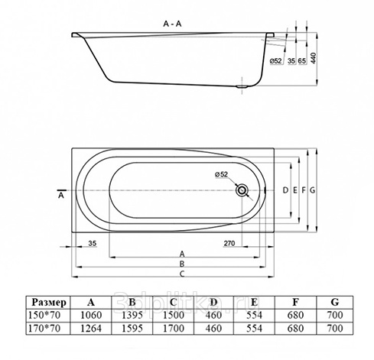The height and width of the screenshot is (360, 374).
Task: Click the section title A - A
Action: pyautogui.click(x=172, y=24)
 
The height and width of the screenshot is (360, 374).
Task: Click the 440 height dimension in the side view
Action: pyautogui.click(x=314, y=58)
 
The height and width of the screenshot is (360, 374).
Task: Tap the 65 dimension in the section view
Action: pyautogui.click(x=302, y=60)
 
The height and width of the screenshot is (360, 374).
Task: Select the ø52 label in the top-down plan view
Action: pyautogui.click(x=221, y=174)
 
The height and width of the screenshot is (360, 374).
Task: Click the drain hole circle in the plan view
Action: pyautogui.click(x=242, y=190)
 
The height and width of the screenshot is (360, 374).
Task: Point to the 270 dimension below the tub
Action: pyautogui.click(x=229, y=243)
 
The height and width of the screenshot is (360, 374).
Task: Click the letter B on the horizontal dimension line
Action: pyautogui.click(x=182, y=264)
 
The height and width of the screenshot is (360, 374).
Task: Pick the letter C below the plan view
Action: pyautogui.click(x=182, y=274)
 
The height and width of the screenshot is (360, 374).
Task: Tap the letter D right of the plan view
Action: pyautogui.click(x=285, y=190)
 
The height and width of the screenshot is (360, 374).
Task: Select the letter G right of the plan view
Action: pyautogui.click(x=313, y=190)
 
